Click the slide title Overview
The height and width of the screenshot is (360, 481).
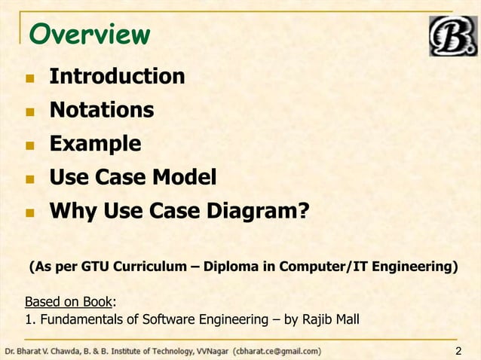88,34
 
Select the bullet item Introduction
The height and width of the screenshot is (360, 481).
117,76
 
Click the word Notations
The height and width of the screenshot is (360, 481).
102,110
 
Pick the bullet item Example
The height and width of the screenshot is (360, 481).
95,143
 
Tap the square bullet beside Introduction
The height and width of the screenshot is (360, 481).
29,78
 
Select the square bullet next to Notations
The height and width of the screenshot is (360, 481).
29,111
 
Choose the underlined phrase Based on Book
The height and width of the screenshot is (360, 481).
68,302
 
